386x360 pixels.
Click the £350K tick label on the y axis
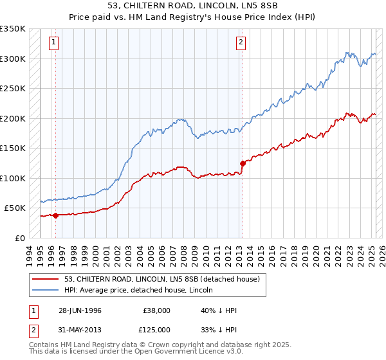(13, 29)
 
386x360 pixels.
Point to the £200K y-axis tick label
(13, 118)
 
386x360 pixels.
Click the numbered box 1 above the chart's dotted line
(53, 43)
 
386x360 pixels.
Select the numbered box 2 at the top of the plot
(241, 43)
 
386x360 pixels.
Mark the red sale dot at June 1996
(56, 215)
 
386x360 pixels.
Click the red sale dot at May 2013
(243, 163)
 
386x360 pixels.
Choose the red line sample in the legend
(46, 279)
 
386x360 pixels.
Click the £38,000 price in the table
(158, 310)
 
